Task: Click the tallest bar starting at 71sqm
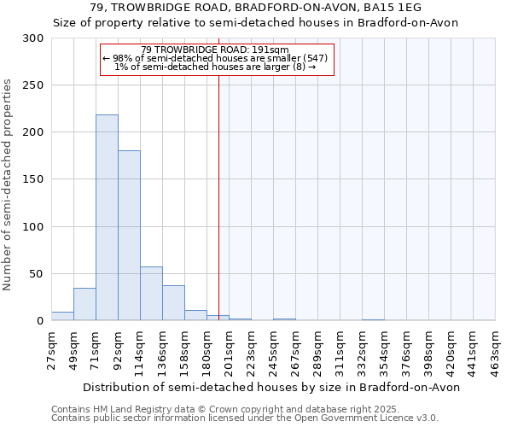107,218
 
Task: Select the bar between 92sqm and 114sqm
129,236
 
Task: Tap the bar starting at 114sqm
151,294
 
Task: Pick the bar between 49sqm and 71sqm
84,304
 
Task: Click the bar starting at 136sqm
173,303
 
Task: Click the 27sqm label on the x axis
52,349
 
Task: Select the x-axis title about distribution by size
273,387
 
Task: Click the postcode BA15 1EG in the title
386,8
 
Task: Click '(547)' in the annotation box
317,58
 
